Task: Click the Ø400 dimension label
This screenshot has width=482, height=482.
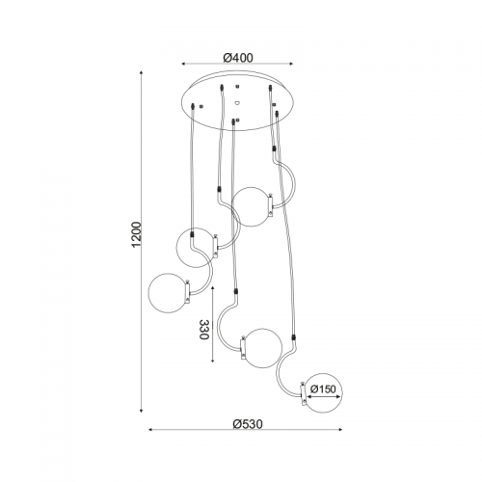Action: tap(238, 58)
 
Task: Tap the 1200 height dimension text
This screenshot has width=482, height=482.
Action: tap(136, 234)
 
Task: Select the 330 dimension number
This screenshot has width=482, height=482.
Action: tap(204, 330)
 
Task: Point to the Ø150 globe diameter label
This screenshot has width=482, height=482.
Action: tap(323, 389)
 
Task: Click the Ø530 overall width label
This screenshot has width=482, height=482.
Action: tap(248, 424)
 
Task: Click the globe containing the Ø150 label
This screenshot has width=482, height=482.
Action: tap(322, 392)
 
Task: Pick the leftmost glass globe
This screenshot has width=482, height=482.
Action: tap(168, 292)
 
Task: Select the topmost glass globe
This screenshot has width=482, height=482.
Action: tap(252, 206)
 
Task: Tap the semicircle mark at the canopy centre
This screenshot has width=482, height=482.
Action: tap(237, 103)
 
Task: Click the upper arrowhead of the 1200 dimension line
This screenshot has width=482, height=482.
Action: tap(141, 72)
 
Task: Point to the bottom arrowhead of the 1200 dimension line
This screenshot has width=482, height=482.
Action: tap(141, 410)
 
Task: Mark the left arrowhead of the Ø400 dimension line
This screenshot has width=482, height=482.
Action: tap(184, 64)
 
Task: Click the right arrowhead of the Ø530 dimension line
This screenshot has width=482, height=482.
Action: tap(339, 429)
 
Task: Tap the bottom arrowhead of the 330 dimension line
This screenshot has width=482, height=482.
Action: tap(213, 360)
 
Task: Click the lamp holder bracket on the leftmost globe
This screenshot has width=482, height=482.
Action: tap(188, 291)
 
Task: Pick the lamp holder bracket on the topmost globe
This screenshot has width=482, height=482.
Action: tap(271, 205)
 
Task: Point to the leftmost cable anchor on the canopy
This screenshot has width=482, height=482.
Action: tap(193, 106)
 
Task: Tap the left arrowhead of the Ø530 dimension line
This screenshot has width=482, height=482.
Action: tap(151, 429)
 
